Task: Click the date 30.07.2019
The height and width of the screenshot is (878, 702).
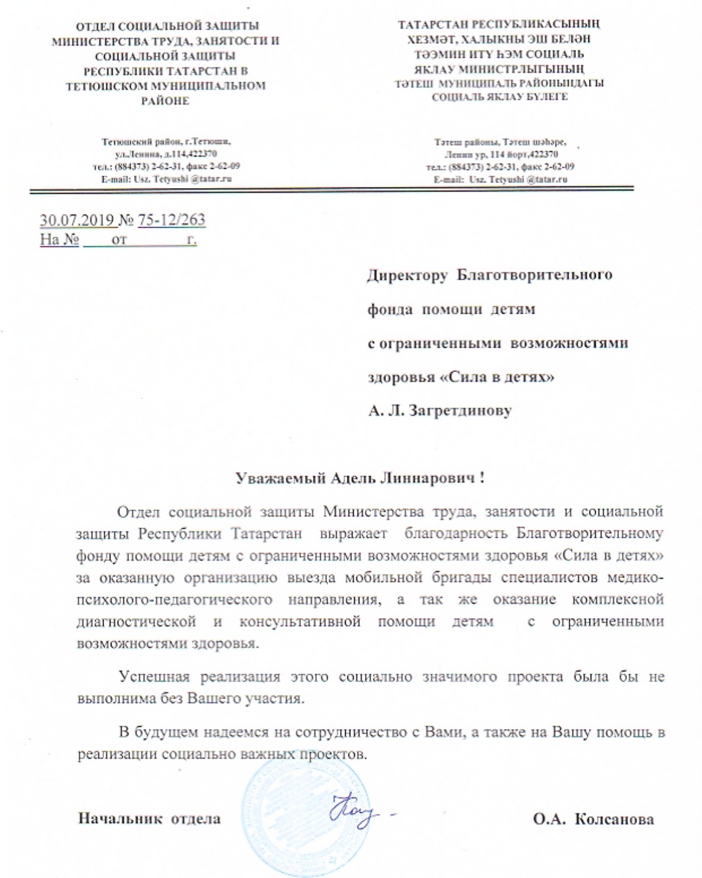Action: (77, 220)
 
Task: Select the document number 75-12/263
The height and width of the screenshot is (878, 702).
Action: (171, 220)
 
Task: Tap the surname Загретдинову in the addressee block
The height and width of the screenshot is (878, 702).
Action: (460, 411)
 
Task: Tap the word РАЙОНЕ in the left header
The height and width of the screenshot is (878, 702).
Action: (165, 101)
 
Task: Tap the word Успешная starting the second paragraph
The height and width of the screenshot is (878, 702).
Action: (155, 676)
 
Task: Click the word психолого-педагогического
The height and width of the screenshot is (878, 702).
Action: (174, 599)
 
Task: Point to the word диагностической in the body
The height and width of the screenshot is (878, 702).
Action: (136, 621)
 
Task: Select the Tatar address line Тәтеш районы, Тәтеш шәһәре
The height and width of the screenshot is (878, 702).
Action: (500, 142)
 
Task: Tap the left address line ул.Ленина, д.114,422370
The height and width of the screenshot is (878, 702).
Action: (166, 154)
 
